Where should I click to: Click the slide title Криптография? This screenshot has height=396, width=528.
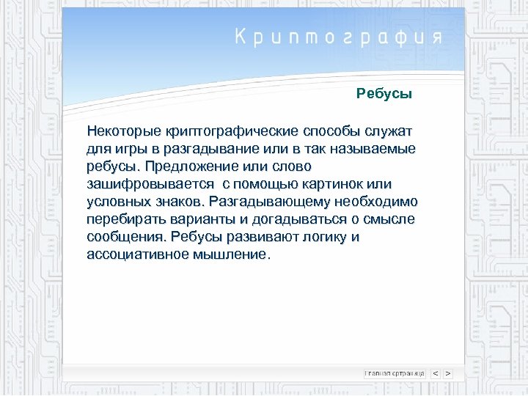tap(339, 38)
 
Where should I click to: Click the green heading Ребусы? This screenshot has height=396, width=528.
tap(384, 94)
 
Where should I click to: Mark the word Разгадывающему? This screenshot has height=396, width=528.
tap(268, 202)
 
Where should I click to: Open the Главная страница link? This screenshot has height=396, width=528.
tap(395, 373)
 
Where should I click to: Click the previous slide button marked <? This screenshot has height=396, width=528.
tap(436, 373)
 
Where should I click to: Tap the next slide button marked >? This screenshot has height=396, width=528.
tap(448, 373)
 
